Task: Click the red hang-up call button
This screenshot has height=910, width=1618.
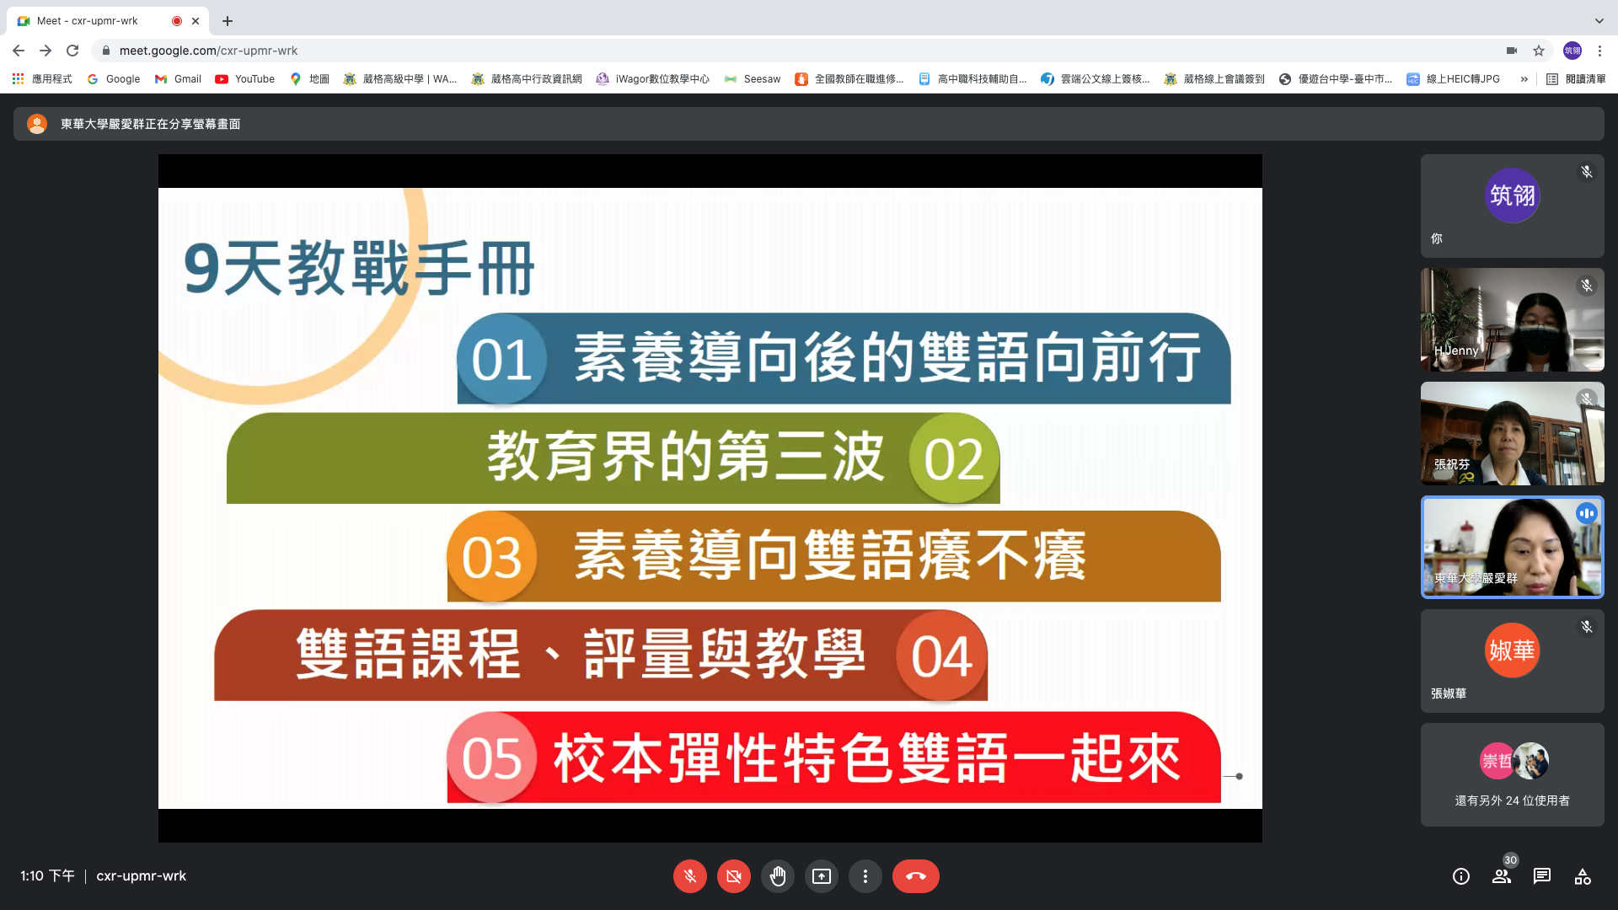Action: pos(915,876)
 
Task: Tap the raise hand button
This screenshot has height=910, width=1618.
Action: pos(778,876)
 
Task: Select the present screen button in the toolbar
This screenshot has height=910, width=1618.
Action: pos(822,876)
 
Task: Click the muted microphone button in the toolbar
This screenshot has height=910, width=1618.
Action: pos(690,876)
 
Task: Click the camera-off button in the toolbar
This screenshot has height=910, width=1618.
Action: pos(734,876)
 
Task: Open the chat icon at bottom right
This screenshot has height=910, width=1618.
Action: pos(1542,876)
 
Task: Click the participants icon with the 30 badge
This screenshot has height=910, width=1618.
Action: pos(1503,875)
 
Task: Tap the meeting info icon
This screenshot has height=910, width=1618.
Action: pos(1461,876)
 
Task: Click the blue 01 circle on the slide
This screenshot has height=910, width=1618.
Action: pos(502,360)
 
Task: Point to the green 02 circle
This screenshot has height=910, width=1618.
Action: pos(954,458)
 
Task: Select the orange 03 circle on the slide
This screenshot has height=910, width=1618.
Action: pos(492,557)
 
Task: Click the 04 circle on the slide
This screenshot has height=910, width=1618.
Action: pos(941,656)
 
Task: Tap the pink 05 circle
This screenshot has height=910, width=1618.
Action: pos(492,757)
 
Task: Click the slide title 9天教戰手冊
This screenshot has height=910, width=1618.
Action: pos(359,269)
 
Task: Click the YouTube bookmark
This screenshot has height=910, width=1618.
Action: pos(245,79)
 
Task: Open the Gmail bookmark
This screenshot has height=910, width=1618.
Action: pos(178,79)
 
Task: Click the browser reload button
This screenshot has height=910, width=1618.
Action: pos(72,51)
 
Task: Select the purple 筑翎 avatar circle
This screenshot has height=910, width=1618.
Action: pos(1512,195)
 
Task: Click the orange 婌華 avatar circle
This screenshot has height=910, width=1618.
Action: pos(1512,650)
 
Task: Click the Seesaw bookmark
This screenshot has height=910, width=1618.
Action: pos(753,79)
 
